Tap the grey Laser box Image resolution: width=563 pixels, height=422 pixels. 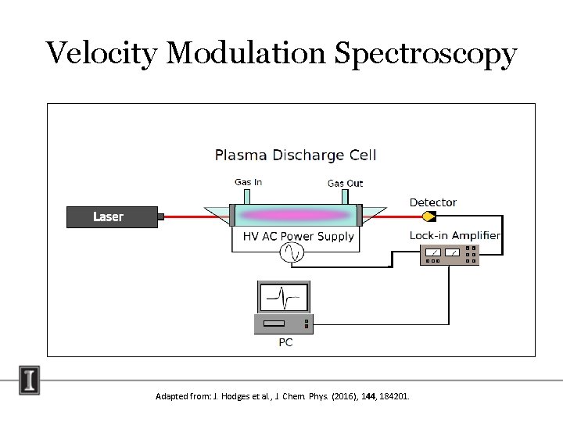[x=112, y=216]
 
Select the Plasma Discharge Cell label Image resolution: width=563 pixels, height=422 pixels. [x=296, y=155]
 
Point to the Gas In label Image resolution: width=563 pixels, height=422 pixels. [x=248, y=182]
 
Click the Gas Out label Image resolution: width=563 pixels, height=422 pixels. [x=345, y=183]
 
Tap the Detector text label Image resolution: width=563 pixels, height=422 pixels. [x=432, y=202]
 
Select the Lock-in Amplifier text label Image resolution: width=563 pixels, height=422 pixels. [x=454, y=235]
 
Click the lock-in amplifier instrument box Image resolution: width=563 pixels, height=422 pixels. [x=449, y=254]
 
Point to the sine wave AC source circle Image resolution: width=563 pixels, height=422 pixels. [x=292, y=252]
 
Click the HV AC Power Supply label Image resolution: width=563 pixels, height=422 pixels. [x=298, y=236]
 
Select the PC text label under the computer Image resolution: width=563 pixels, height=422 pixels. [x=285, y=342]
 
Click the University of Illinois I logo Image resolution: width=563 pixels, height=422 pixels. [x=30, y=380]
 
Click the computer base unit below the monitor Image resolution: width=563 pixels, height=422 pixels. [x=284, y=323]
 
